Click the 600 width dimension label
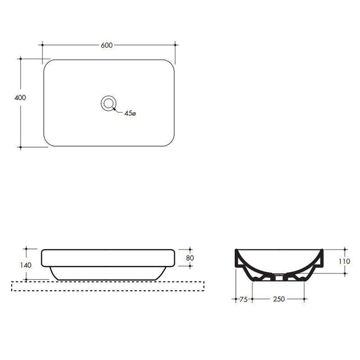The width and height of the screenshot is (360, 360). [x=107, y=45]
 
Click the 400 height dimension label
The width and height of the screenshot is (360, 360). [x=20, y=98]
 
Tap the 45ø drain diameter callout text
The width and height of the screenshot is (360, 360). [x=130, y=114]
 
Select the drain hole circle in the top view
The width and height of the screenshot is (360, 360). [x=108, y=103]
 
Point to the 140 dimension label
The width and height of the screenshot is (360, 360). [x=26, y=265]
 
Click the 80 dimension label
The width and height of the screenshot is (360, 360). [x=189, y=258]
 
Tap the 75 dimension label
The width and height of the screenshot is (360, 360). [x=243, y=299]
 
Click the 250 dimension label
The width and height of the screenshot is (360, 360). [x=279, y=299]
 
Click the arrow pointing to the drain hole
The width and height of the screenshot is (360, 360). [x=116, y=110]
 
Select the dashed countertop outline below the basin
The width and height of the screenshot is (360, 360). [x=108, y=286]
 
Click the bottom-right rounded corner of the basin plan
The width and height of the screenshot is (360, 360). [x=170, y=143]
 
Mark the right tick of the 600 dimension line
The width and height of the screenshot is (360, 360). [x=175, y=45]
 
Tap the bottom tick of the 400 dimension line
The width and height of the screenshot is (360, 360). [x=20, y=147]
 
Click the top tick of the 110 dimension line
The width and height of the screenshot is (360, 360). [x=345, y=249]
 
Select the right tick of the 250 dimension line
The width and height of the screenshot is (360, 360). [x=306, y=298]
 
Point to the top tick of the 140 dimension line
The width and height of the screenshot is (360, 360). [x=26, y=248]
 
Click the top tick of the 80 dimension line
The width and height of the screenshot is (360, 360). [x=189, y=249]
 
